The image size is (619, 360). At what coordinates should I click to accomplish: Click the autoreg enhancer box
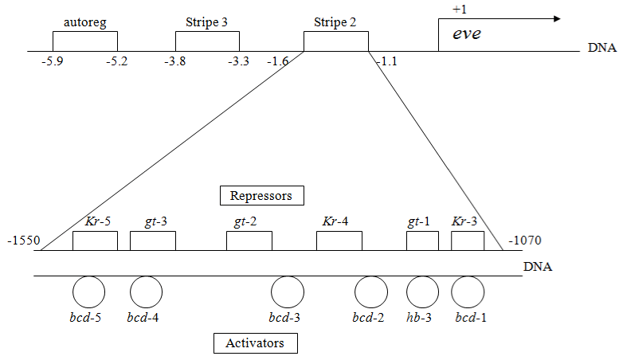click(x=85, y=41)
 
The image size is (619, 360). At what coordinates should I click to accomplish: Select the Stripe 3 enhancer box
click(x=207, y=41)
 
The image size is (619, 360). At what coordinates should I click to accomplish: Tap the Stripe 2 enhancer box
click(x=335, y=41)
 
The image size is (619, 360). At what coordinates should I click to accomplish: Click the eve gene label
click(x=467, y=35)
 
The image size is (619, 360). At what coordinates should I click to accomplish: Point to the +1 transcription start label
click(x=460, y=10)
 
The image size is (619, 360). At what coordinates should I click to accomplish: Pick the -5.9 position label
click(x=53, y=61)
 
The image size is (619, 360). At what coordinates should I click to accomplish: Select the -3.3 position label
click(x=238, y=61)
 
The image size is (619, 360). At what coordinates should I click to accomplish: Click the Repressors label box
click(x=261, y=194)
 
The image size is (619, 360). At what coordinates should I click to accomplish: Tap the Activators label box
click(x=255, y=342)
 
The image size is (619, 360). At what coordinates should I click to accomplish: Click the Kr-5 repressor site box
click(x=95, y=241)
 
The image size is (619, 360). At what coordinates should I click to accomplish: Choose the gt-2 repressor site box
click(x=249, y=241)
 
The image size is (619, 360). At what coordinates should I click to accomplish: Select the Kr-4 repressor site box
click(x=339, y=241)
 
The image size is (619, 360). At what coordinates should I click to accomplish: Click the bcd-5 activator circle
click(x=88, y=292)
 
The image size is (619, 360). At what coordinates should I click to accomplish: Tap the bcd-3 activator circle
click(x=288, y=292)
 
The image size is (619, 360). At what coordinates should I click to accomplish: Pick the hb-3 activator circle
click(x=422, y=292)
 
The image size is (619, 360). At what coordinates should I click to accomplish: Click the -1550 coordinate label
click(x=22, y=240)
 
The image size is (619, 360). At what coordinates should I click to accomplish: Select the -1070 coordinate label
click(x=526, y=240)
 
